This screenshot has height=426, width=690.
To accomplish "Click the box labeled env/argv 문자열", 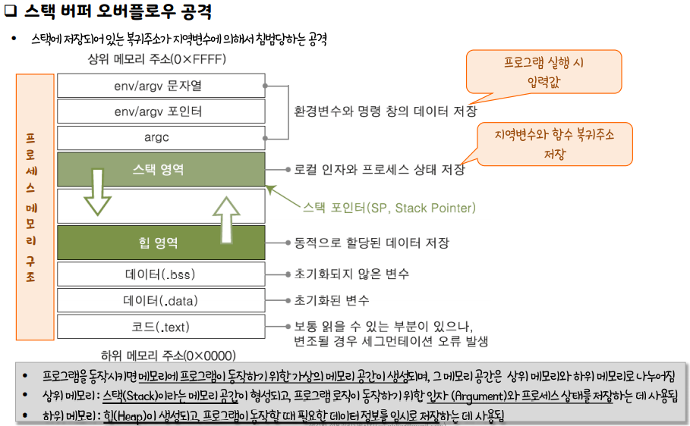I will (x=161, y=86).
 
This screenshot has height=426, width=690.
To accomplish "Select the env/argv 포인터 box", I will (x=161, y=111).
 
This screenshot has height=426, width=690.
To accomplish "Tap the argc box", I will (x=161, y=137).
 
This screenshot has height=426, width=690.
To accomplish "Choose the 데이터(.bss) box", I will (x=161, y=274).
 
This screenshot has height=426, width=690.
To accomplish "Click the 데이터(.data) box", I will (x=161, y=300).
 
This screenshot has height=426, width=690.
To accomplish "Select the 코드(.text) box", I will (x=161, y=327).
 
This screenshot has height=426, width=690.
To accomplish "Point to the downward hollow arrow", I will (x=97, y=191).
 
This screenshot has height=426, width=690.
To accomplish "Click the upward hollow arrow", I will (x=225, y=218).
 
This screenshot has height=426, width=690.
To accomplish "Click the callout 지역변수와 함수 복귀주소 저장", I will (x=554, y=143).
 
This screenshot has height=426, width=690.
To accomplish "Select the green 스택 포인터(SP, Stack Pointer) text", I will (x=389, y=208).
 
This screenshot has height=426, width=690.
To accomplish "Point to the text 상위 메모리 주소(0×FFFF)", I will (x=157, y=59).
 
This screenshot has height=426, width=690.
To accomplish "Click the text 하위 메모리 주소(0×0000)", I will (x=168, y=355).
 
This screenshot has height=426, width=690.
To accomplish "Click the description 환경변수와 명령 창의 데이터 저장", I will (x=386, y=111).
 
